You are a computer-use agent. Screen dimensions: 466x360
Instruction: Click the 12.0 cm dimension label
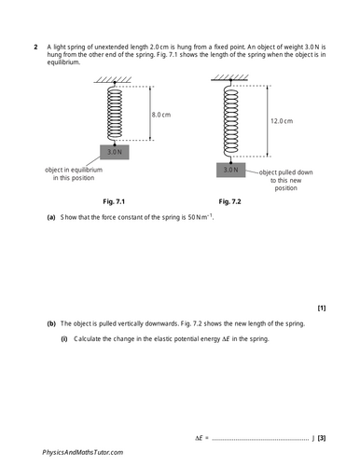click(x=283, y=121)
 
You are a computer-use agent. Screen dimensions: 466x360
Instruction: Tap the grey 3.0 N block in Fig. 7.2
click(x=230, y=171)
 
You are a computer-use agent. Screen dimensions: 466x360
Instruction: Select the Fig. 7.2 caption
click(x=229, y=200)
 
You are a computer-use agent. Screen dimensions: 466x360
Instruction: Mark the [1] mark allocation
click(x=322, y=308)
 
